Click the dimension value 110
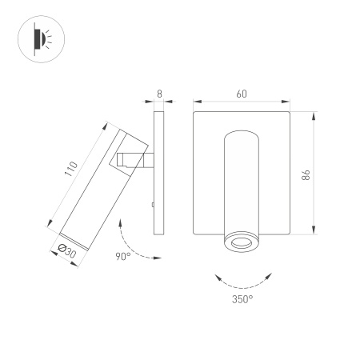pos(71,170)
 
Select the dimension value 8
pos(159,94)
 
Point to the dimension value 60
pos(241,94)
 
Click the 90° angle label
pos(123,257)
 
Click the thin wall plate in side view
pos(158,172)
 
